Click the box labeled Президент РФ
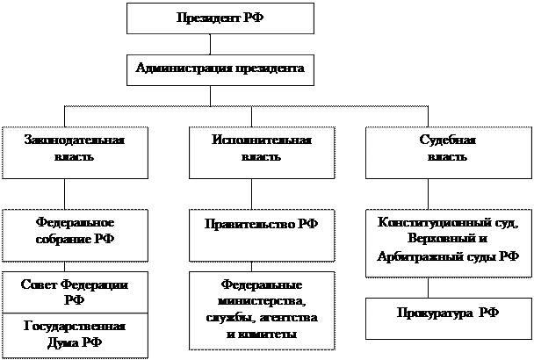(220, 18)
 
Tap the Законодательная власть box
(75, 152)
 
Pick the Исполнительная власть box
(261, 152)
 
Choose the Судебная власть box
(448, 152)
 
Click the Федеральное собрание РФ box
(75, 234)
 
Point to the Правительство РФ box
(261, 234)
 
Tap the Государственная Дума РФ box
(75, 334)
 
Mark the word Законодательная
(75, 141)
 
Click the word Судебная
(448, 141)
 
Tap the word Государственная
(75, 327)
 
